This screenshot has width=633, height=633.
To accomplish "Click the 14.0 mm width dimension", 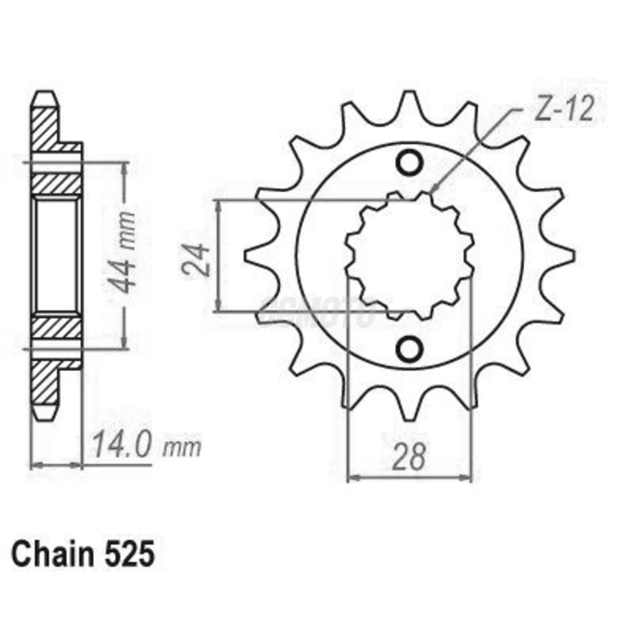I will [x=146, y=446].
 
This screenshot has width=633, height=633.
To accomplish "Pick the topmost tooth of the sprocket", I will [x=410, y=102].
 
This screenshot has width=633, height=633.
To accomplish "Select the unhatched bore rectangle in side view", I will [x=56, y=255].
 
